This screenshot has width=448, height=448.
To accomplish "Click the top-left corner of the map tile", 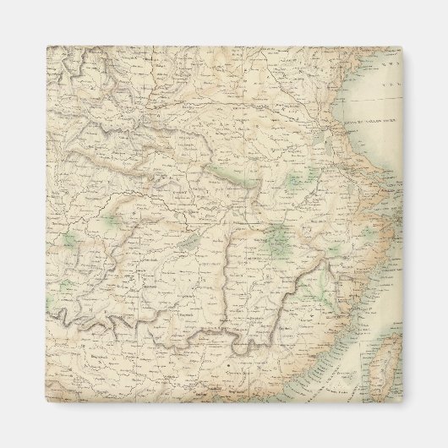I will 46,47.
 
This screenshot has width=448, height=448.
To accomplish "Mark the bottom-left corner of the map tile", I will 46,403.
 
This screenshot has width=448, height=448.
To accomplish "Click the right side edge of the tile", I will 402,225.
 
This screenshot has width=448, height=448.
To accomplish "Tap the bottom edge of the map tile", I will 224,403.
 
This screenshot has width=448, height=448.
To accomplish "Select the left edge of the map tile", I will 46,225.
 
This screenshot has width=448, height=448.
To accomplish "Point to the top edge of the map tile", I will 224,47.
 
